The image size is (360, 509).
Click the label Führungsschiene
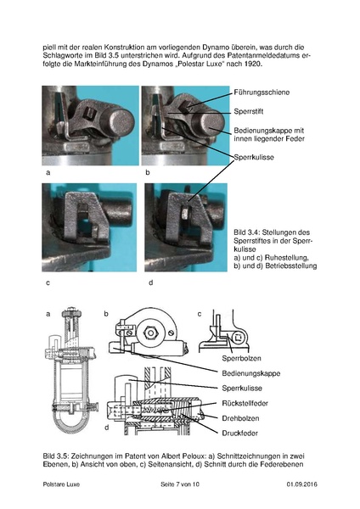[x=262, y=92]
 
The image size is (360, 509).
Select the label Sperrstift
[x=249, y=112]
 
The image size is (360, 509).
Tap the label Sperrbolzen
[x=241, y=358]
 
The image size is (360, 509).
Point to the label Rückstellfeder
[x=245, y=403]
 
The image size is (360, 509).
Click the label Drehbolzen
[x=240, y=418]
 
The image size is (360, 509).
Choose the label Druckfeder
[x=239, y=433]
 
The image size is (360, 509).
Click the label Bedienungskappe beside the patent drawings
[x=250, y=373]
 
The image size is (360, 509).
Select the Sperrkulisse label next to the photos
[x=254, y=158]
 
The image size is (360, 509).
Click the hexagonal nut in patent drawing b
[x=150, y=333]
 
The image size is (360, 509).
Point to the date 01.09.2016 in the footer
[x=301, y=484]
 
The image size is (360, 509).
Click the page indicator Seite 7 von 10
[x=180, y=484]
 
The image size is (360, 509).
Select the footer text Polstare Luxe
[x=61, y=484]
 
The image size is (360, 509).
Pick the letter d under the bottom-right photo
[x=151, y=282]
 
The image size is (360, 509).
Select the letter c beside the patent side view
[x=200, y=314]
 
